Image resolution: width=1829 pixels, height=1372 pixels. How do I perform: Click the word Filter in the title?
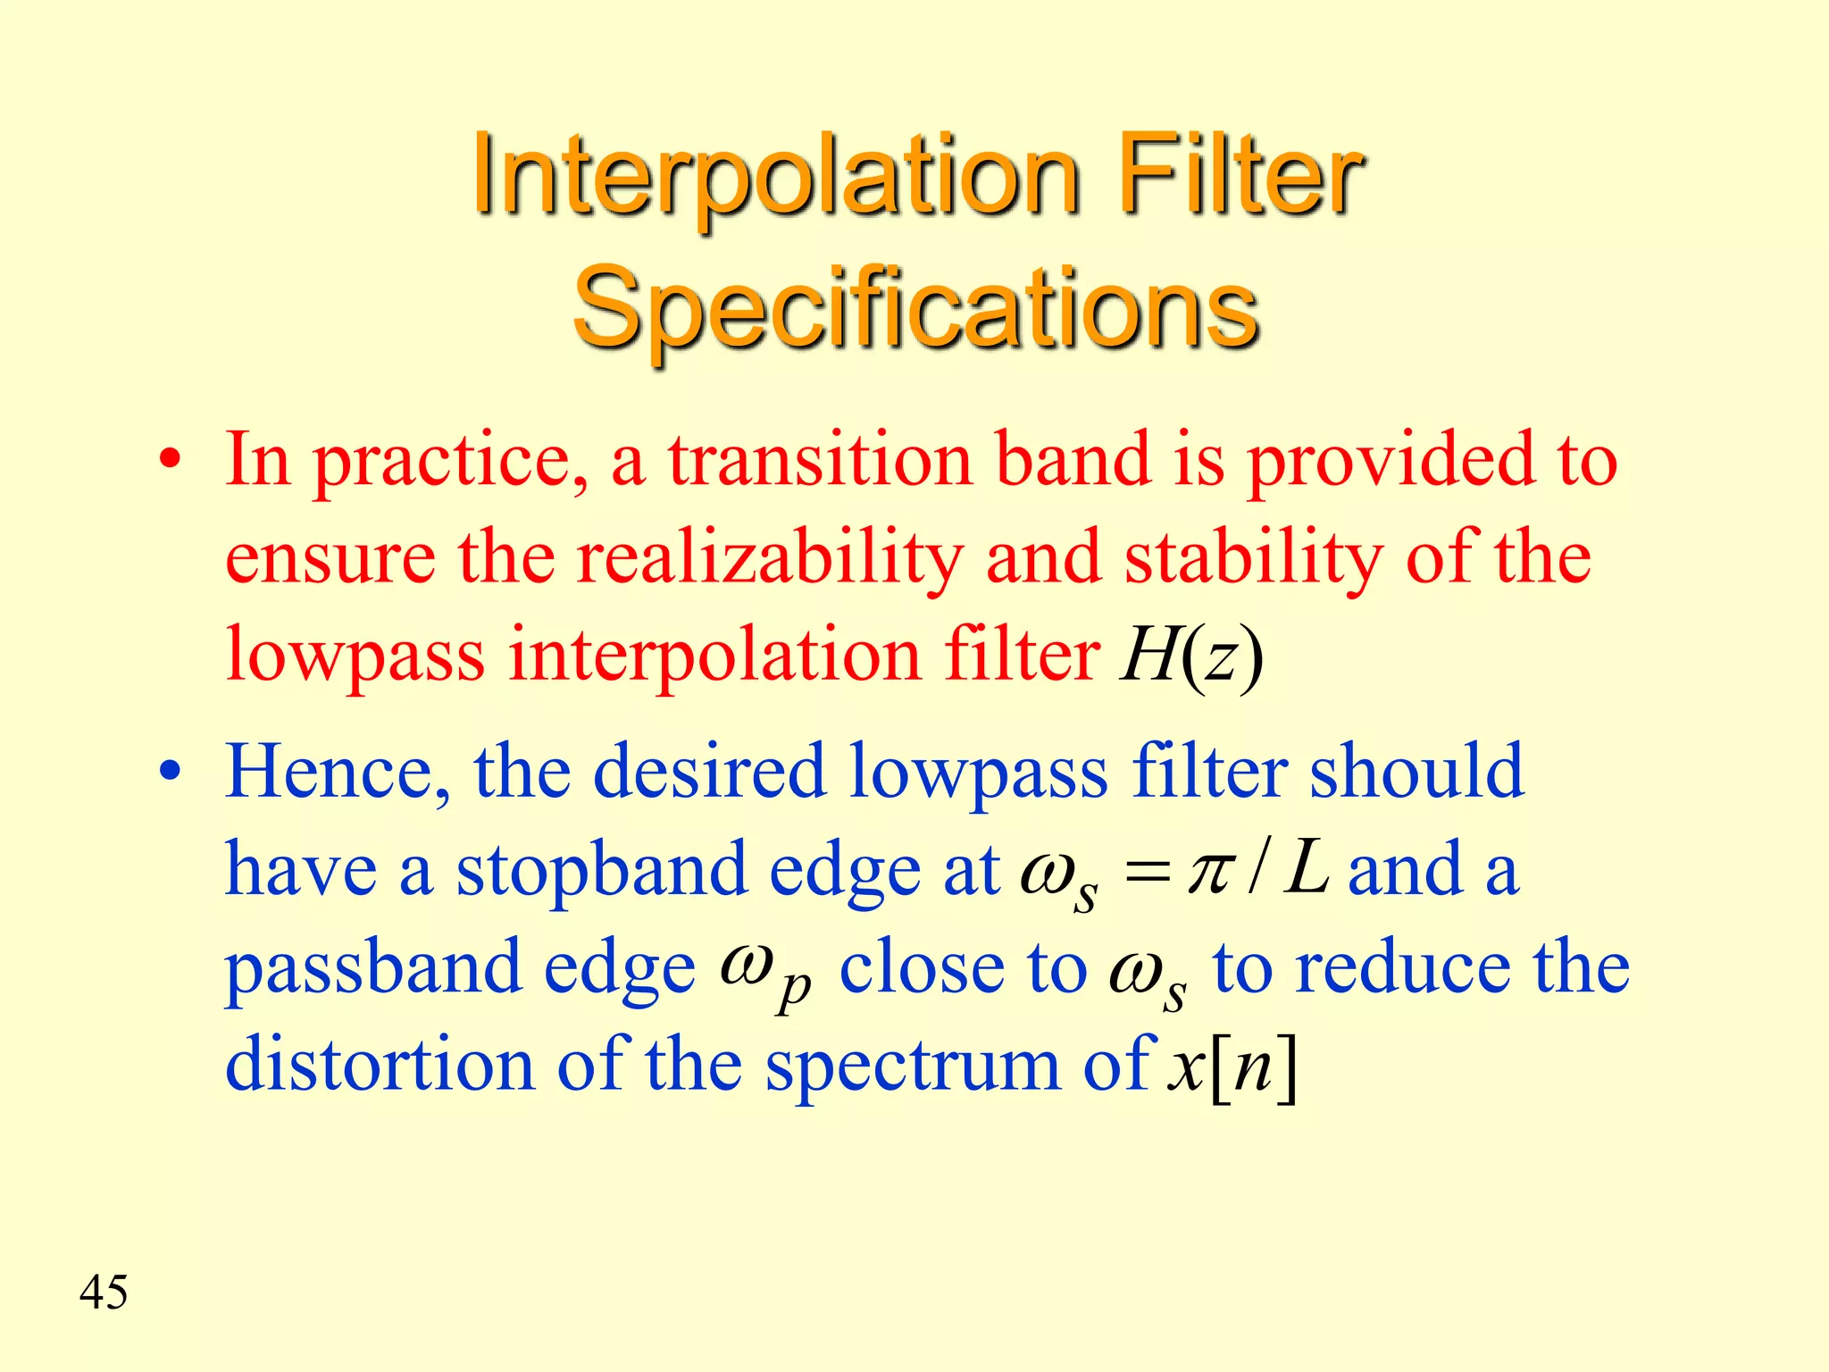(1240, 175)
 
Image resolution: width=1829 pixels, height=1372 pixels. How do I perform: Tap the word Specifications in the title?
(915, 309)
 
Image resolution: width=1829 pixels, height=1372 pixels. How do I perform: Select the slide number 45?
(104, 1293)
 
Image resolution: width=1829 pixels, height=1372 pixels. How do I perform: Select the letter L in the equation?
(1307, 871)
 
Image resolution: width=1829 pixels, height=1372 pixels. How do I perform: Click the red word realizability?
(770, 558)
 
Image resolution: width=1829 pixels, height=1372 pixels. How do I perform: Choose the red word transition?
(821, 461)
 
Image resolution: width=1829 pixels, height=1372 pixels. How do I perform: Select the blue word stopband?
(601, 871)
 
